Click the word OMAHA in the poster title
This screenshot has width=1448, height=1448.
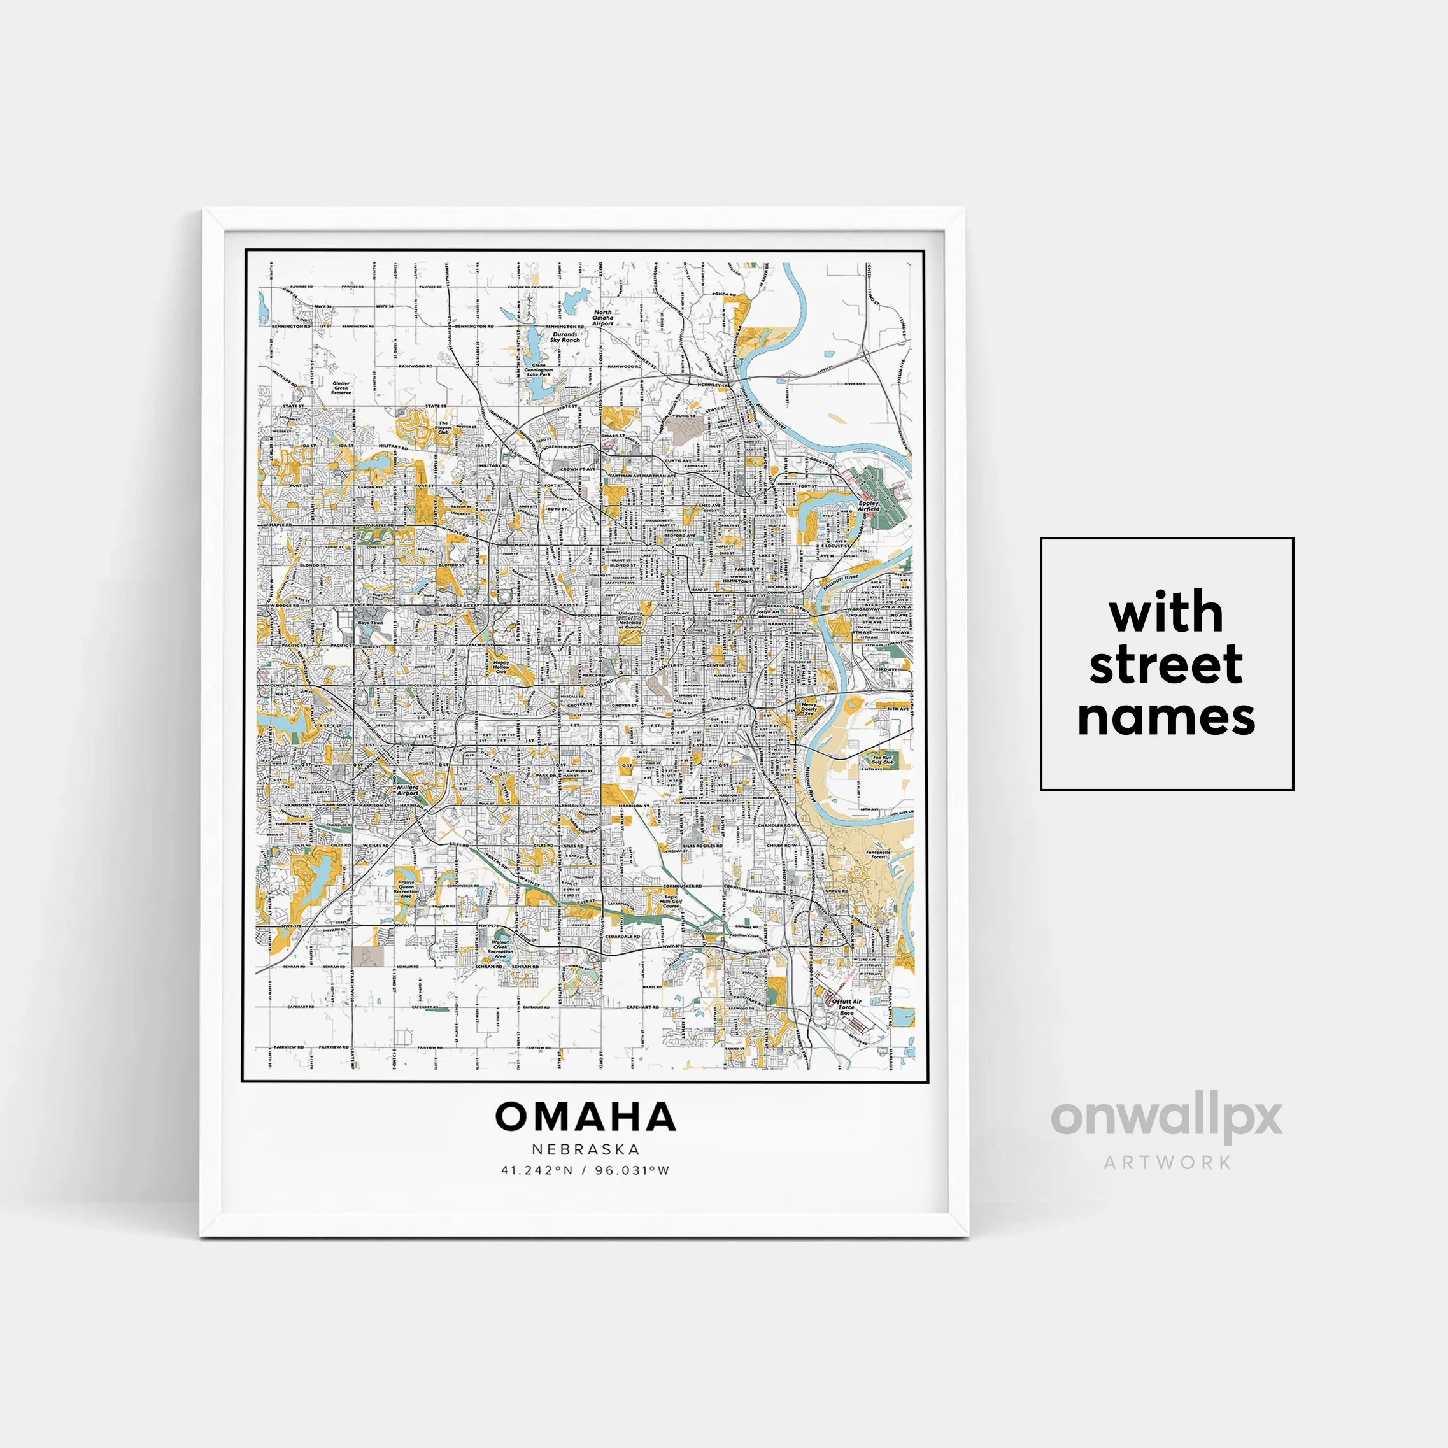[x=585, y=1117]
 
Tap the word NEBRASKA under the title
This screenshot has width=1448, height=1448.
[x=586, y=1149]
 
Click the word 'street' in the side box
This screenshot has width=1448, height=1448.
[x=1165, y=664]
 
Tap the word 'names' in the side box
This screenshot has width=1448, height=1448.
[x=1165, y=716]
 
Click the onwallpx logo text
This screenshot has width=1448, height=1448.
[x=1166, y=1118]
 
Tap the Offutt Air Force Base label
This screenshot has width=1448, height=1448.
[x=846, y=1007]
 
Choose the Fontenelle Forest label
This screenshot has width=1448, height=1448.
[x=878, y=854]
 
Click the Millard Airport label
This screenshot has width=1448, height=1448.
[x=407, y=790]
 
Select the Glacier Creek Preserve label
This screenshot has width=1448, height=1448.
[x=341, y=388]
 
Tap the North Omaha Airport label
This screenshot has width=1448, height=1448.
[x=602, y=318]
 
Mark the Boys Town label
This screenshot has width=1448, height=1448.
[x=370, y=623]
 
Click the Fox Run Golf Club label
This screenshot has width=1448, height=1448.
[x=881, y=760]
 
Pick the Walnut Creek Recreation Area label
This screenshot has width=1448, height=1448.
[x=500, y=949]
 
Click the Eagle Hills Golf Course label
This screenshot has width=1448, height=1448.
[x=671, y=901]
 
